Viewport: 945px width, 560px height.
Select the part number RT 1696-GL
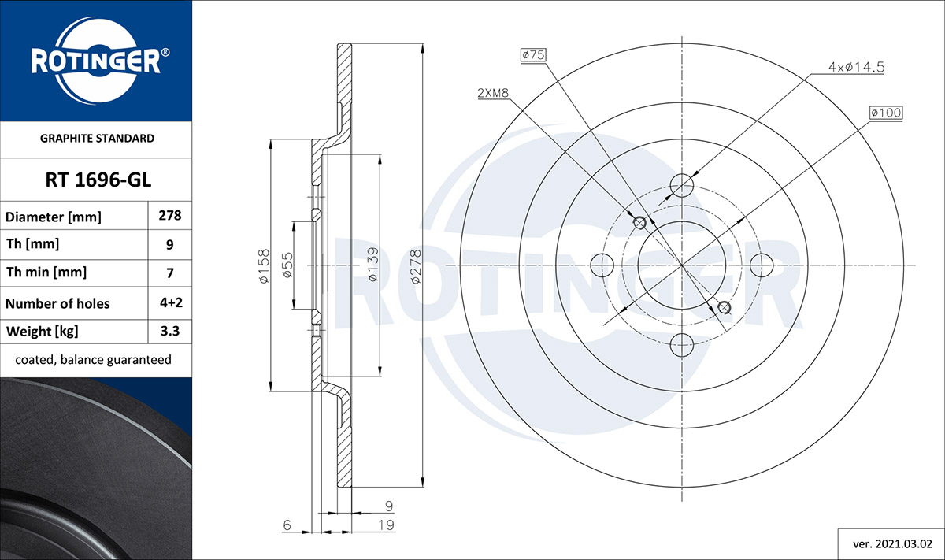point(98,180)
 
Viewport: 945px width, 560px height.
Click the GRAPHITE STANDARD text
point(97,139)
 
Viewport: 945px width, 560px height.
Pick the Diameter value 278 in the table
point(170,216)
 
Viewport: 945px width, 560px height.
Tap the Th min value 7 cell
point(170,273)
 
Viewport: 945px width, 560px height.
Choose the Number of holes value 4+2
point(171,302)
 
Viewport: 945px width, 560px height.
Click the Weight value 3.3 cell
point(170,331)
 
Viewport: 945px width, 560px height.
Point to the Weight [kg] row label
point(43,332)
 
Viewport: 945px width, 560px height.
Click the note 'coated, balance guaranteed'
point(93,360)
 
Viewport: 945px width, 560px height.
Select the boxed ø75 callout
point(533,55)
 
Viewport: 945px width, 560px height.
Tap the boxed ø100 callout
point(885,113)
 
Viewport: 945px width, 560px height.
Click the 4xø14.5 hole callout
point(857,67)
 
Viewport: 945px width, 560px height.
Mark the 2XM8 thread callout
point(493,93)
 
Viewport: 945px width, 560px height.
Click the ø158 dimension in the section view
point(263,266)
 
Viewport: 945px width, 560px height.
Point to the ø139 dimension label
point(373,265)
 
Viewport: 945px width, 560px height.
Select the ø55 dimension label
point(287,265)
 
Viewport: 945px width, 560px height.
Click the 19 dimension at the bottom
point(386,525)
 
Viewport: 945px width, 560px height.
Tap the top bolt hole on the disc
point(682,185)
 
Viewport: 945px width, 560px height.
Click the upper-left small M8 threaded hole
point(639,222)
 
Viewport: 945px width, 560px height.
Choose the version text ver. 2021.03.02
point(892,544)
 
